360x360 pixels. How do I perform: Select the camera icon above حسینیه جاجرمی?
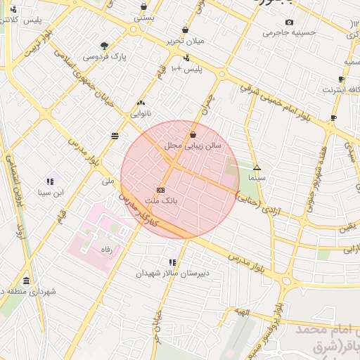pos(289,22)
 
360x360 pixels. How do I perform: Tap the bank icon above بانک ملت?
pos(161,190)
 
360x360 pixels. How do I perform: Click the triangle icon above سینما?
pos(257,168)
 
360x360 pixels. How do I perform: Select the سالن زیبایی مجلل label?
pos(193,146)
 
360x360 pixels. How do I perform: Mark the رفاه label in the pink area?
pos(106,250)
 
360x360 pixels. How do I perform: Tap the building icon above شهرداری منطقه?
pos(27,281)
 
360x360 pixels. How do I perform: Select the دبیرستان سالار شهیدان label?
pos(172,274)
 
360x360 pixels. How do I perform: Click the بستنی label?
pos(143,17)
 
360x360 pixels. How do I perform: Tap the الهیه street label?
pos(243,311)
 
